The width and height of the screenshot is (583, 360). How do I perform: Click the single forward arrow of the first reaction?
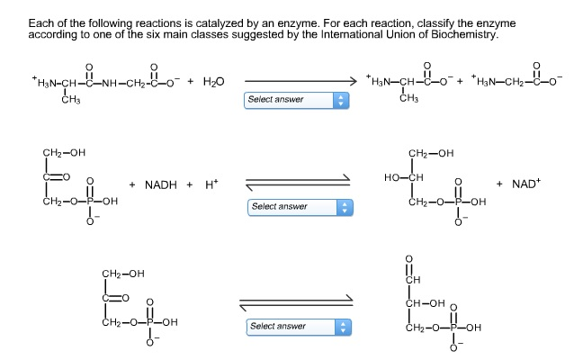coord(299,80)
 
